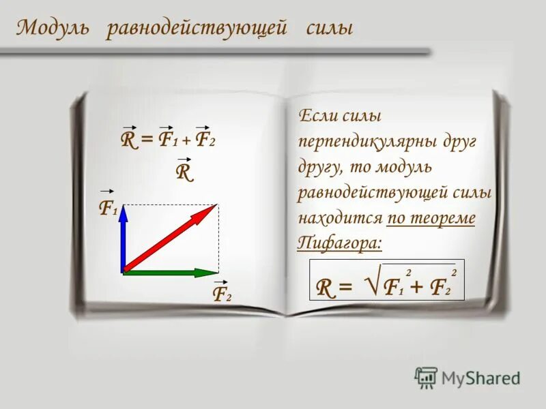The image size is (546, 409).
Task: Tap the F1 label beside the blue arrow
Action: [x=107, y=207]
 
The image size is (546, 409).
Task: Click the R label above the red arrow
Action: [x=184, y=171]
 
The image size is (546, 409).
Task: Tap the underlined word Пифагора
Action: [x=340, y=243]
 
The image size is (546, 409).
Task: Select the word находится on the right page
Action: [x=339, y=218]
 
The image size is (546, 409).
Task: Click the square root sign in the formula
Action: [x=369, y=282]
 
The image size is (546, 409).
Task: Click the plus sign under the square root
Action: [x=415, y=289]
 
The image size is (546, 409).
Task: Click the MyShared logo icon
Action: [x=426, y=377]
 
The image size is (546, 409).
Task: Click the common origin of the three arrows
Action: [x=124, y=272]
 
